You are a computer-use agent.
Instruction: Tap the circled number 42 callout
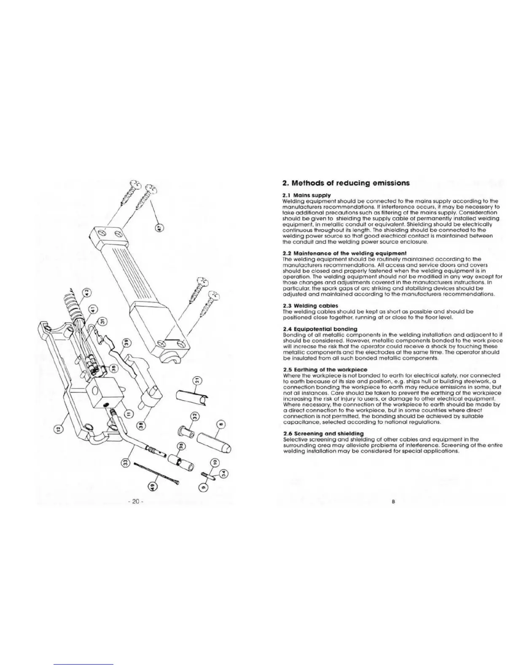86,292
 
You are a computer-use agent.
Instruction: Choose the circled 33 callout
125,463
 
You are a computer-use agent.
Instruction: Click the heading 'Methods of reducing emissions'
345,183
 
